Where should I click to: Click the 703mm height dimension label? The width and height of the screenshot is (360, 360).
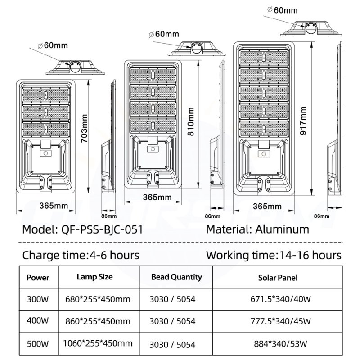[x=85, y=128]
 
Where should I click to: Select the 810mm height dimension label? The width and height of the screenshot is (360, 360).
[x=191, y=121]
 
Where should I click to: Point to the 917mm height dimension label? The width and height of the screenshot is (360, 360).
[x=303, y=121]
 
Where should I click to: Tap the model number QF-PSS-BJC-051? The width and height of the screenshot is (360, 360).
[x=102, y=229]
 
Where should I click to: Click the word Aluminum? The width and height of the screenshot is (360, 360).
[x=282, y=229]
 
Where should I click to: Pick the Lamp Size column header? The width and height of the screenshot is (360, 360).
[x=95, y=277]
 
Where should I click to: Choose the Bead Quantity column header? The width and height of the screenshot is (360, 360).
[x=176, y=277]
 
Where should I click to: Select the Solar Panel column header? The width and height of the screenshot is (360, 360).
[x=278, y=278]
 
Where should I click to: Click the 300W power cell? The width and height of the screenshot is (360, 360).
[x=38, y=299]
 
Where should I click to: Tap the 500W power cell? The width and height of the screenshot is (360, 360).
[x=38, y=344]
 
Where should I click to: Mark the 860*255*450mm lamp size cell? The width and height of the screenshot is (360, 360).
[x=98, y=321]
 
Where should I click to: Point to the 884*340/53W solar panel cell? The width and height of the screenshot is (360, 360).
[x=280, y=344]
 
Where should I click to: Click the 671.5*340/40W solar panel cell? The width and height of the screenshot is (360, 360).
[x=280, y=299]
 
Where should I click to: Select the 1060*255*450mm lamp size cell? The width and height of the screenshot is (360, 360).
[x=98, y=343]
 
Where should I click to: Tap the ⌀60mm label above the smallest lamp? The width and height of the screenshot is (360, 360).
[x=53, y=45]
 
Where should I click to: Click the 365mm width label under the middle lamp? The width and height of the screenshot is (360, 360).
[x=157, y=197]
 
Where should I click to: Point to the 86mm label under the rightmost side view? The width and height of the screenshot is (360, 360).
[x=321, y=216]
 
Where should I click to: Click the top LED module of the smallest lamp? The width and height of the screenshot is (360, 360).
[x=46, y=95]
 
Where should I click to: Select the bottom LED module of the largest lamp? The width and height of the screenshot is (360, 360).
[x=264, y=129]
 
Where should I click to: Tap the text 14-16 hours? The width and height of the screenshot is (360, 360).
[x=310, y=255]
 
